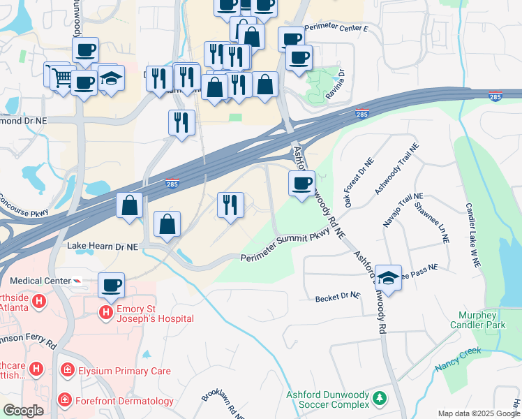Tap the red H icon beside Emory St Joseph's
106,311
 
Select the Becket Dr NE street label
337,297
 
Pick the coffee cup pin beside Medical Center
112,284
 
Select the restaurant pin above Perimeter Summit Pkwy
230,205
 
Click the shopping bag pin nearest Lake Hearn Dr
167,223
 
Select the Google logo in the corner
23,411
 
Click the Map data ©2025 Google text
479,413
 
